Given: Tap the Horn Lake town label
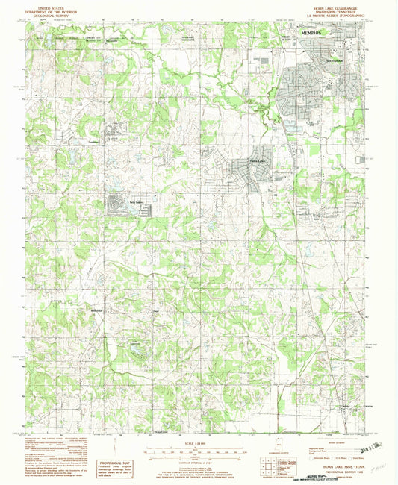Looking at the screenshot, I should point(257,162).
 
